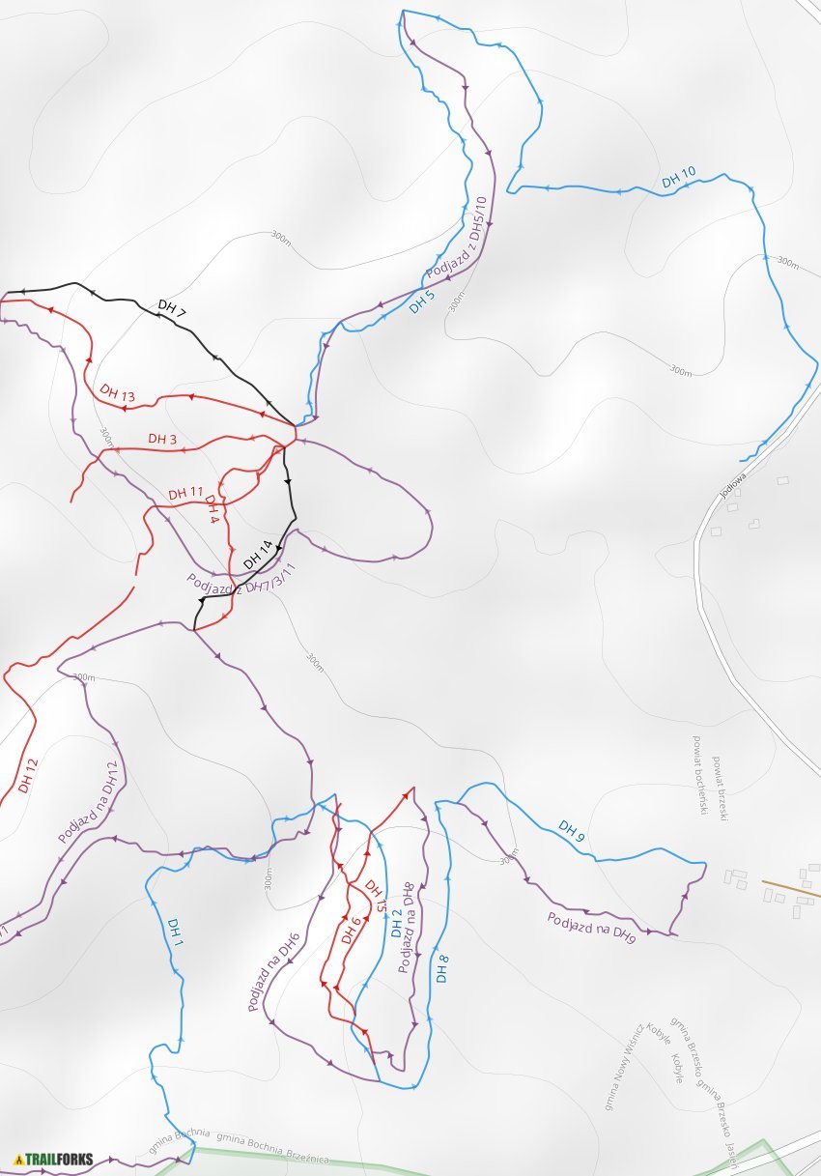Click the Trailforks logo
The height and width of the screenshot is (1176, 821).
[x=54, y=1158]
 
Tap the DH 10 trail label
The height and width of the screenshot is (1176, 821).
[x=678, y=178]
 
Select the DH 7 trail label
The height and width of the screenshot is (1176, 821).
[x=171, y=308]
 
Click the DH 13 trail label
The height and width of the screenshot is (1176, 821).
[x=117, y=394]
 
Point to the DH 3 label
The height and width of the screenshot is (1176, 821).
[x=162, y=439]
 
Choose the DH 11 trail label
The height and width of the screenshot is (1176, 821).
[x=185, y=493]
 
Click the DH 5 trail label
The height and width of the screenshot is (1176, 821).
[x=421, y=301]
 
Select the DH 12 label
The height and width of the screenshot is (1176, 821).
[x=28, y=776]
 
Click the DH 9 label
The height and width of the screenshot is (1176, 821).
[x=572, y=830]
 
